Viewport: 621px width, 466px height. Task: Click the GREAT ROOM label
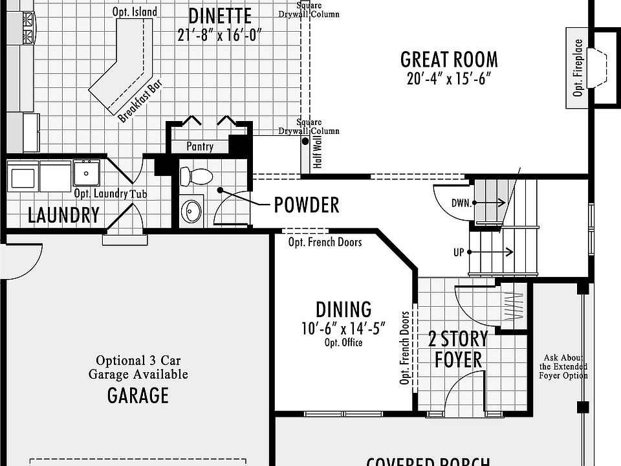coord(449,60)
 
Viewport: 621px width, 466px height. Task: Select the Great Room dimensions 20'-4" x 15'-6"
coord(449,78)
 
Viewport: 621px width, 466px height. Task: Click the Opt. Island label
coord(134,12)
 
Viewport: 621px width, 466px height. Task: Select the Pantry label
coord(200,147)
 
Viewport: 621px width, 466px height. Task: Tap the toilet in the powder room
coord(196,176)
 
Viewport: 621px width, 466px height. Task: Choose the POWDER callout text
coord(307,205)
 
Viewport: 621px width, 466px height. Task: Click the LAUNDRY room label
coord(63,215)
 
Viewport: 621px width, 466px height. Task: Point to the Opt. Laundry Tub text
coord(110,194)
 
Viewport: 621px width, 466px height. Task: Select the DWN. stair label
coord(461,203)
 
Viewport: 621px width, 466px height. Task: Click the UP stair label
coord(459,252)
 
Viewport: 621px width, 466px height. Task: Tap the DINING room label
coord(343,309)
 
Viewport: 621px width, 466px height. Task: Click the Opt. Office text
coord(343,342)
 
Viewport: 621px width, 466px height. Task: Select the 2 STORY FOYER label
coord(458,349)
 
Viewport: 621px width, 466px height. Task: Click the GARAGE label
coord(138,395)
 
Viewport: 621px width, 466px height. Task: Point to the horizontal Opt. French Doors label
coord(325,242)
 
